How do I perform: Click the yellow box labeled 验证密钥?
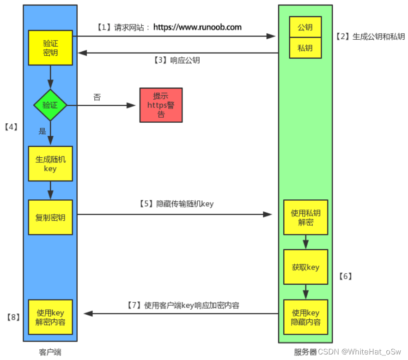[x=50, y=48]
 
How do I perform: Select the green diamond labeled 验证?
[x=50, y=105]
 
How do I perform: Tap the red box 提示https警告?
[x=161, y=105]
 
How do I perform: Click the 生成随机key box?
[x=50, y=164]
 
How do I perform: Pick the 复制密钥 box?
[x=50, y=217]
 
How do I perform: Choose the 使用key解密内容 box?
[x=50, y=318]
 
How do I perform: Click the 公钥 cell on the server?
[x=305, y=27]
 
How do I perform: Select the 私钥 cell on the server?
[x=305, y=48]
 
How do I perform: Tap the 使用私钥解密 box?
[x=305, y=218]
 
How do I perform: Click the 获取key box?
[x=305, y=267]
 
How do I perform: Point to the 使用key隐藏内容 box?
[x=305, y=318]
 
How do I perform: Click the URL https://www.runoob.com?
[x=197, y=27]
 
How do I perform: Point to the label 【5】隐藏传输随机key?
[x=176, y=204]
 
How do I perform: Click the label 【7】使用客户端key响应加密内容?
[x=183, y=305]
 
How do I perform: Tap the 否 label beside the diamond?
[x=97, y=97]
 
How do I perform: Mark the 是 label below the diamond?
[x=43, y=131]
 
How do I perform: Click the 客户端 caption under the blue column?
[x=50, y=352]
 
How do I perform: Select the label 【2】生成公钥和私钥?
[x=370, y=36]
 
